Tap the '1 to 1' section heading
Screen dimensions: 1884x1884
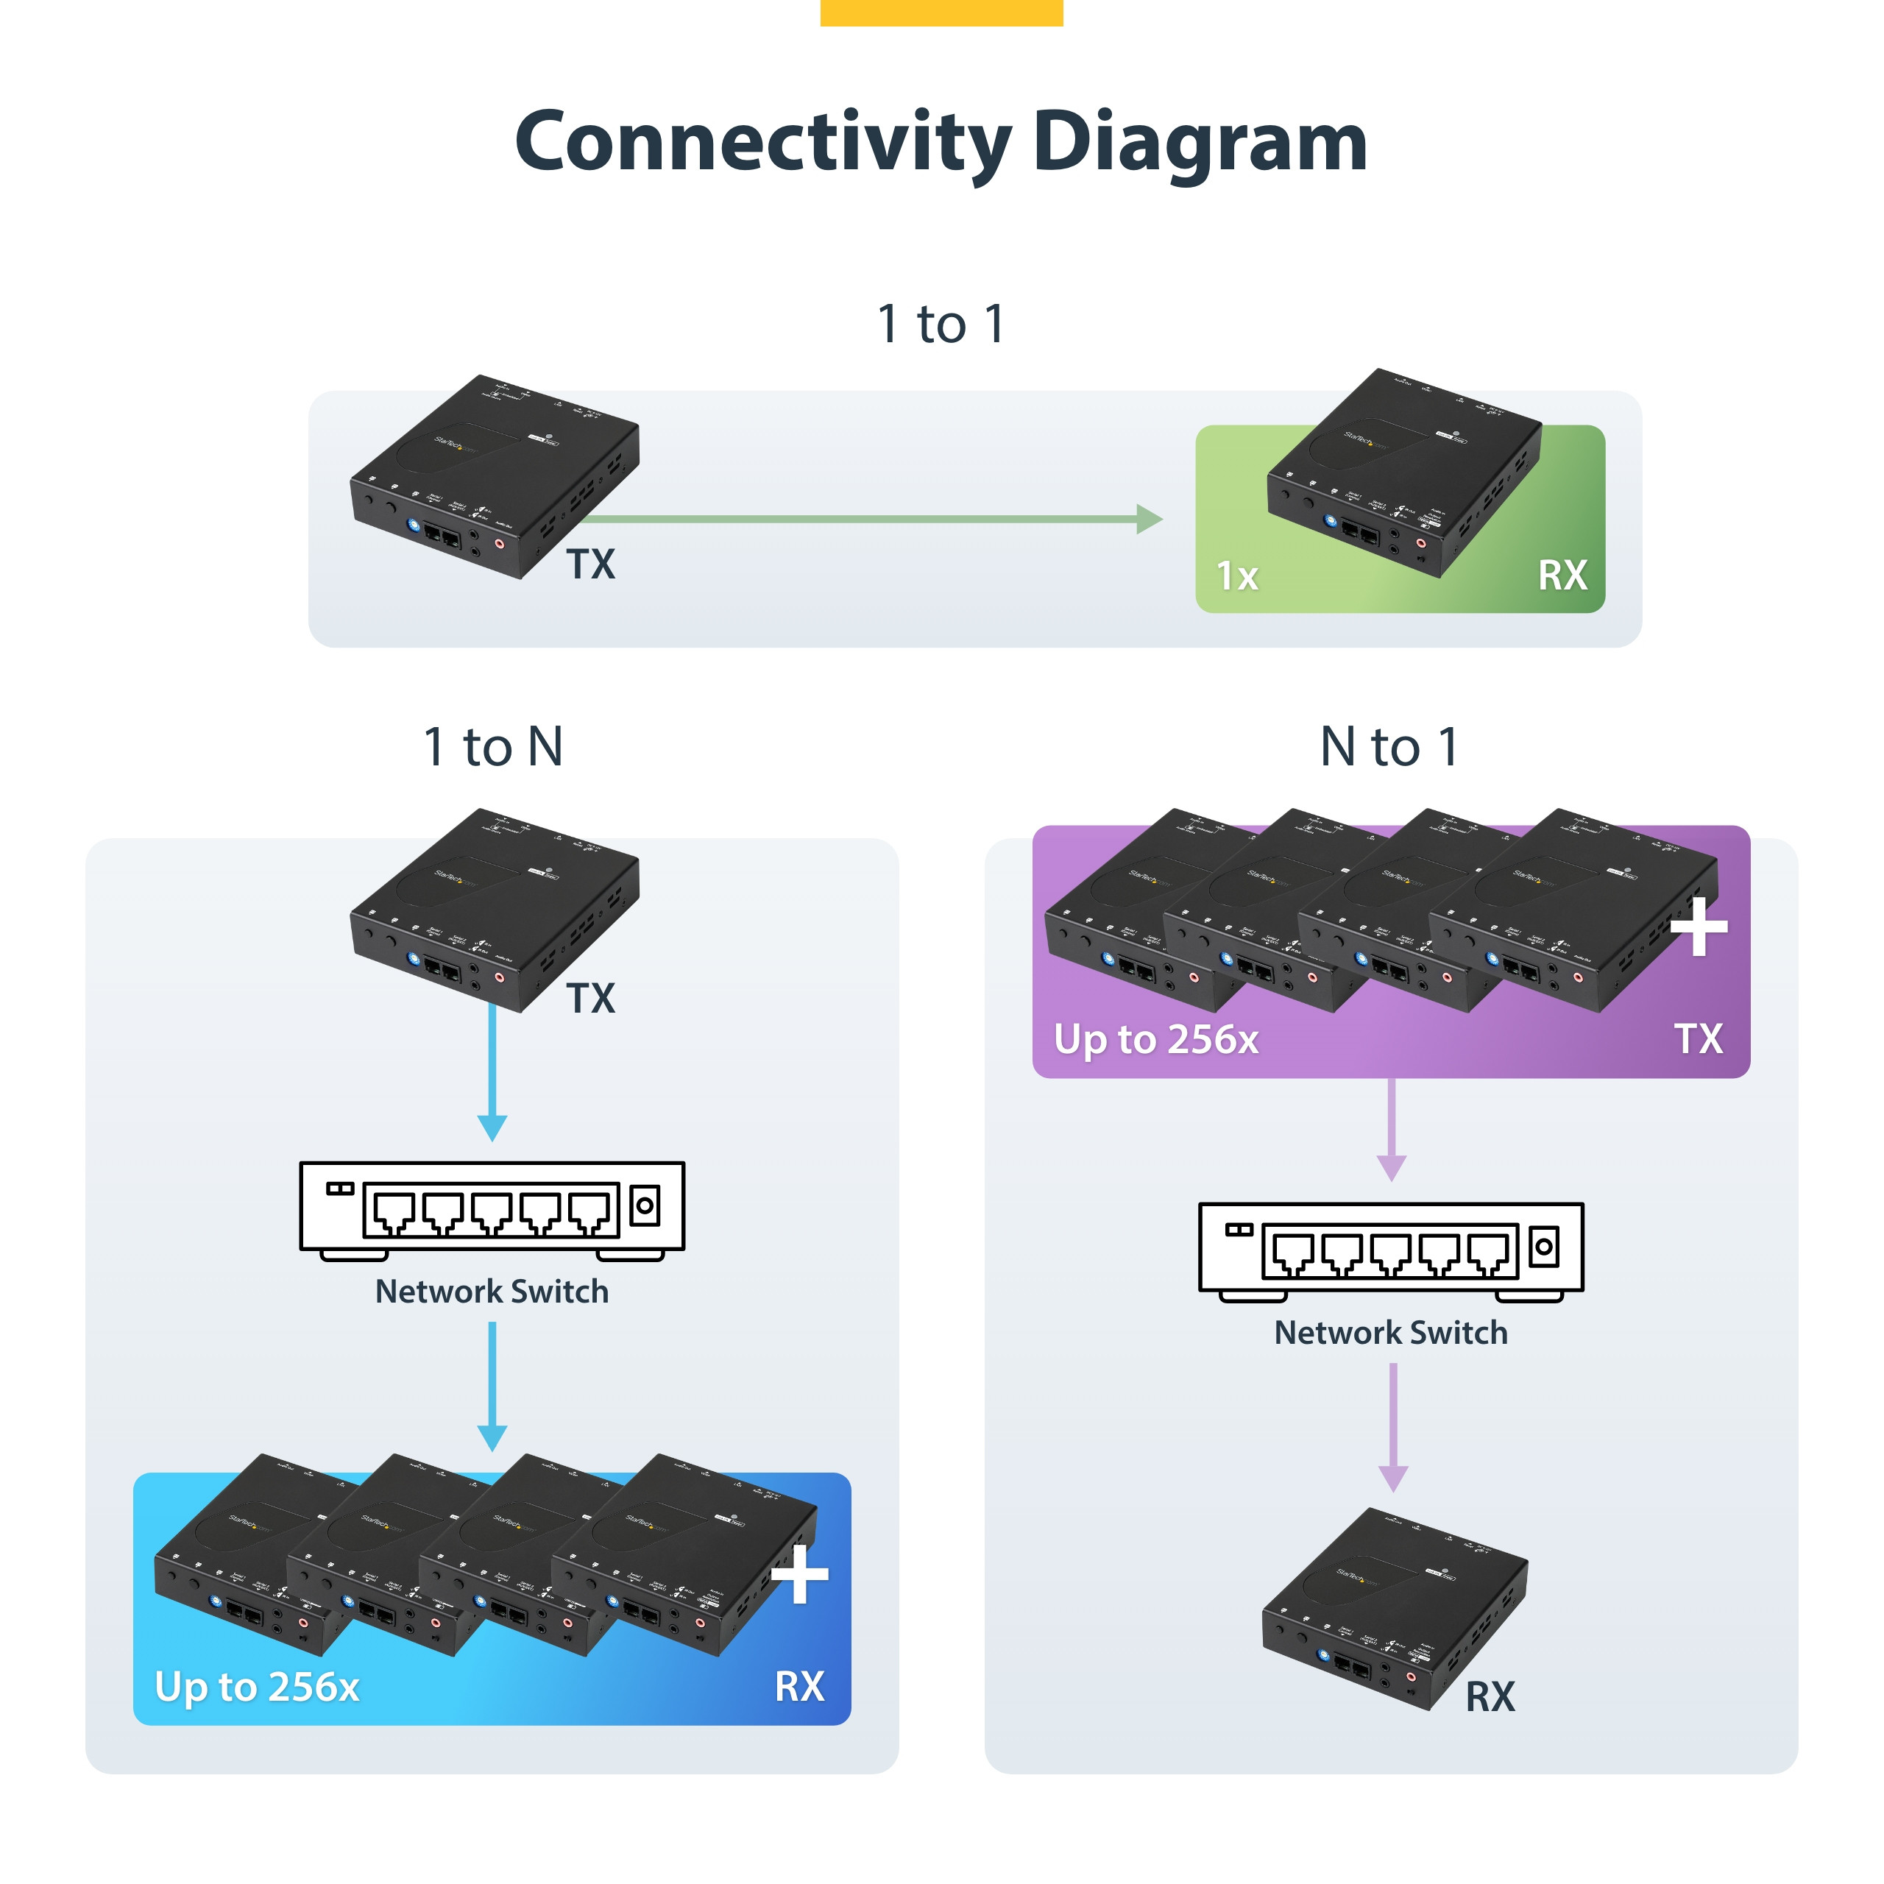pos(941,324)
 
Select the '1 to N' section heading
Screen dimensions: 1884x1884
pos(493,747)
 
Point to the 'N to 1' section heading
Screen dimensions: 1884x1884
pos(1389,747)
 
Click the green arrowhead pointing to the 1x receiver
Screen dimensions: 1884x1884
pos(1151,519)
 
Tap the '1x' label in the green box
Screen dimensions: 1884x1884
pos(1237,576)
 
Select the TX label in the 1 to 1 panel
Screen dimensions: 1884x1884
pos(591,564)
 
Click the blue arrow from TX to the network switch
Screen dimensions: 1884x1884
pos(492,1073)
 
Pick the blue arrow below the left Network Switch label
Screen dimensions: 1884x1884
pos(492,1385)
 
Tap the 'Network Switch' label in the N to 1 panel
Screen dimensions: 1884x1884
pos(1391,1332)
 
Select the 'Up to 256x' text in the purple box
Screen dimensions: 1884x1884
pos(1157,1040)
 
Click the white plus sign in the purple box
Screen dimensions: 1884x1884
pos(1699,927)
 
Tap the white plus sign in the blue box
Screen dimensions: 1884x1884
pos(800,1574)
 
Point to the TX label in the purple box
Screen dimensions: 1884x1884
pos(1699,1040)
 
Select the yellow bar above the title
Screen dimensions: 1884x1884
pos(941,13)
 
